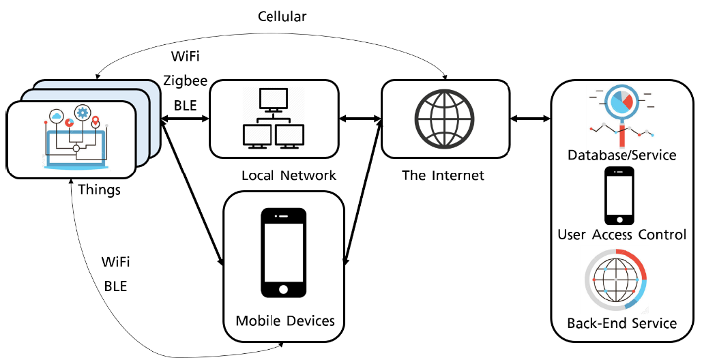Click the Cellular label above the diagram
282,16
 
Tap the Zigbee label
185,81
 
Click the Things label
100,189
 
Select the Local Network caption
289,175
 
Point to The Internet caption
443,175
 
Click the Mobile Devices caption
285,320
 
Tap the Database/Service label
621,155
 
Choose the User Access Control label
621,235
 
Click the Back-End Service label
621,322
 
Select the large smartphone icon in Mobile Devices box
283,252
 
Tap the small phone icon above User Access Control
619,196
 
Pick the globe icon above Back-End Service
616,280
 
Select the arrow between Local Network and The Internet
360,119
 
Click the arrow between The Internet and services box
530,119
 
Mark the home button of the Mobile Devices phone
282,290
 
